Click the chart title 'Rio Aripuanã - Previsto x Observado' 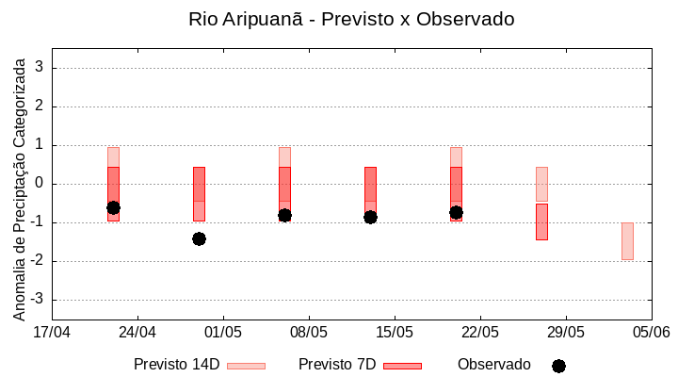[x=351, y=19]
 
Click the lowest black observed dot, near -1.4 [x=199, y=238]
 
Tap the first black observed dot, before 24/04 [x=113, y=207]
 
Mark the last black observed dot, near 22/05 [x=456, y=213]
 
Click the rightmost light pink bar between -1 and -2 [x=627, y=241]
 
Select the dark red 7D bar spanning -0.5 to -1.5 [x=541, y=221]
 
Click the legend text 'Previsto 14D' [x=176, y=365]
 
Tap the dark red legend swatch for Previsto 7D [x=402, y=366]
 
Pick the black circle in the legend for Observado [x=558, y=366]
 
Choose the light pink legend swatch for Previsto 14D [x=246, y=366]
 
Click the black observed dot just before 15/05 [x=370, y=217]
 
